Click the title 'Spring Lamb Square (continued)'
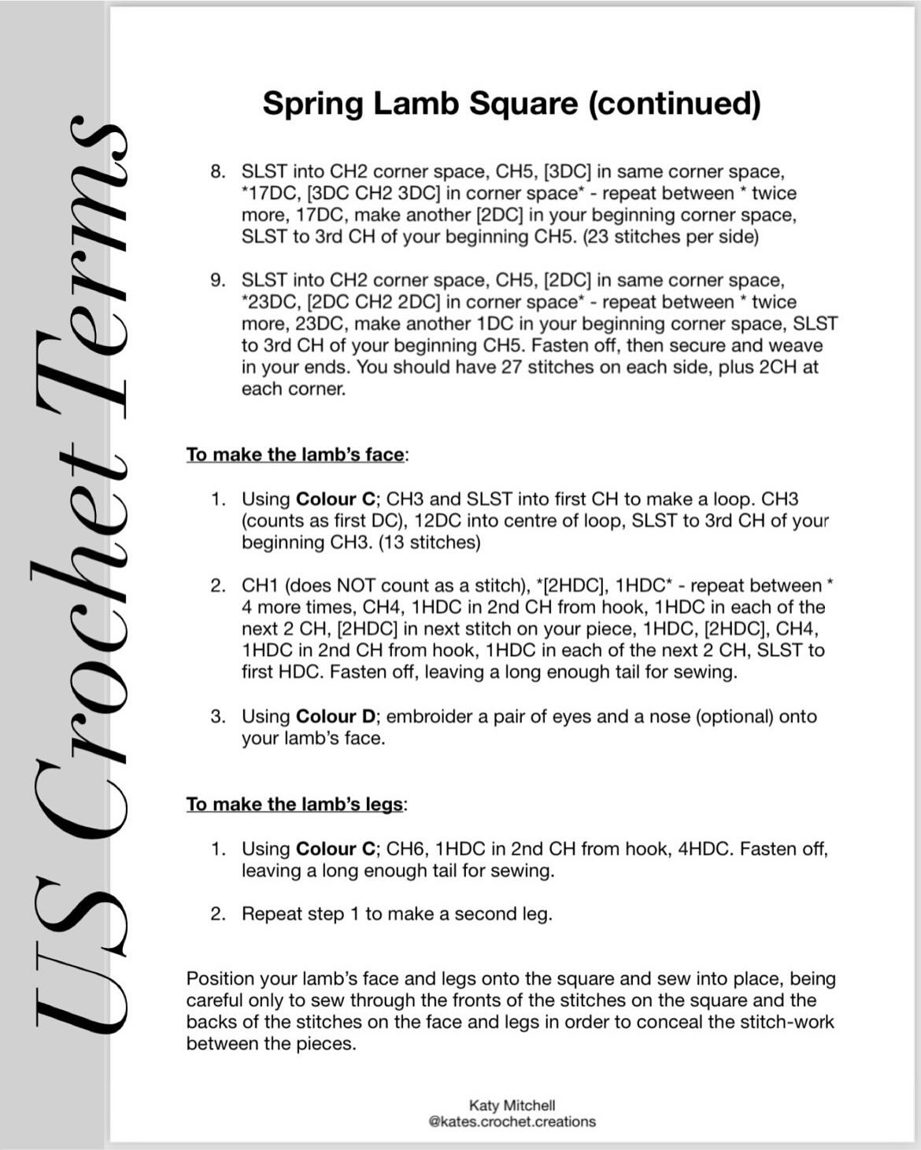[x=512, y=104]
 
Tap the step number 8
[x=217, y=171]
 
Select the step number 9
[x=217, y=280]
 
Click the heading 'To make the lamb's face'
[x=296, y=455]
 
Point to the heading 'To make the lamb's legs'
[x=295, y=804]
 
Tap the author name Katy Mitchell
[x=512, y=1105]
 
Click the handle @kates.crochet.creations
[x=512, y=1122]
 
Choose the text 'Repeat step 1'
[x=300, y=914]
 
